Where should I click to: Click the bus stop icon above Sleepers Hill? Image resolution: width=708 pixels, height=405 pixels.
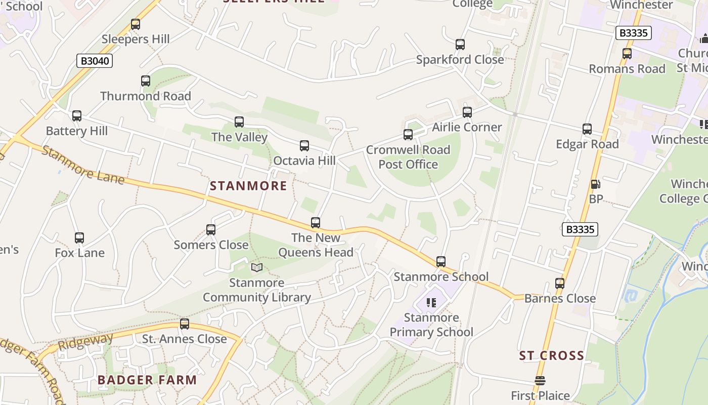pyautogui.click(x=135, y=24)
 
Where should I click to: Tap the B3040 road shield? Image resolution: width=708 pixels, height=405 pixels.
pyautogui.click(x=95, y=61)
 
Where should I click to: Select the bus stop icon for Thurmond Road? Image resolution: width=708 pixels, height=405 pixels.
pyautogui.click(x=146, y=80)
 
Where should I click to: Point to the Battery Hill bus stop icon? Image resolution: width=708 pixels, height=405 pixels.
pyautogui.click(x=77, y=116)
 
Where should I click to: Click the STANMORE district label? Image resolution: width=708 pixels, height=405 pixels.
pyautogui.click(x=248, y=186)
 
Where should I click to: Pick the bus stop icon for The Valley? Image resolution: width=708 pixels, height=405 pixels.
pyautogui.click(x=239, y=121)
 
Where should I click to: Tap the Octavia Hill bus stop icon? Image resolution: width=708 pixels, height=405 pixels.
pyautogui.click(x=304, y=146)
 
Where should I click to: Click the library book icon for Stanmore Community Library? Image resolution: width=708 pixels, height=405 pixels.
pyautogui.click(x=257, y=267)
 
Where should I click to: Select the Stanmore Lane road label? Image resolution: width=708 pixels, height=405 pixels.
pyautogui.click(x=83, y=165)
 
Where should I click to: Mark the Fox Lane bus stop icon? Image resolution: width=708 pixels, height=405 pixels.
pyautogui.click(x=79, y=237)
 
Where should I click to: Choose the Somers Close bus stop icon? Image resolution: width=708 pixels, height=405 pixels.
pyautogui.click(x=211, y=229)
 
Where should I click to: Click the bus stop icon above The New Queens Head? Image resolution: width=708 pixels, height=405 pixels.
pyautogui.click(x=316, y=222)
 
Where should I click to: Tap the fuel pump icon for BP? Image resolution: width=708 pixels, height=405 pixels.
pyautogui.click(x=596, y=184)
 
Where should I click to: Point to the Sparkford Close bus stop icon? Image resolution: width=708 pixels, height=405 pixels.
pyautogui.click(x=460, y=44)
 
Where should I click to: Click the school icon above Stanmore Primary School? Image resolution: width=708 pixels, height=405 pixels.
pyautogui.click(x=431, y=303)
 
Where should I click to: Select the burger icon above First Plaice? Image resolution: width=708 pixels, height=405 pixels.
pyautogui.click(x=540, y=381)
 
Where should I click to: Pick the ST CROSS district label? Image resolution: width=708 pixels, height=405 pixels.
pyautogui.click(x=552, y=355)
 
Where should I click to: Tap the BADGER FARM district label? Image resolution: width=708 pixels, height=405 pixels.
pyautogui.click(x=147, y=380)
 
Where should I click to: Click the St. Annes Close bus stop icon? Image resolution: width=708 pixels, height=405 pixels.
pyautogui.click(x=185, y=323)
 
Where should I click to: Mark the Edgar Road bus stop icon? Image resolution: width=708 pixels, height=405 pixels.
pyautogui.click(x=587, y=129)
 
